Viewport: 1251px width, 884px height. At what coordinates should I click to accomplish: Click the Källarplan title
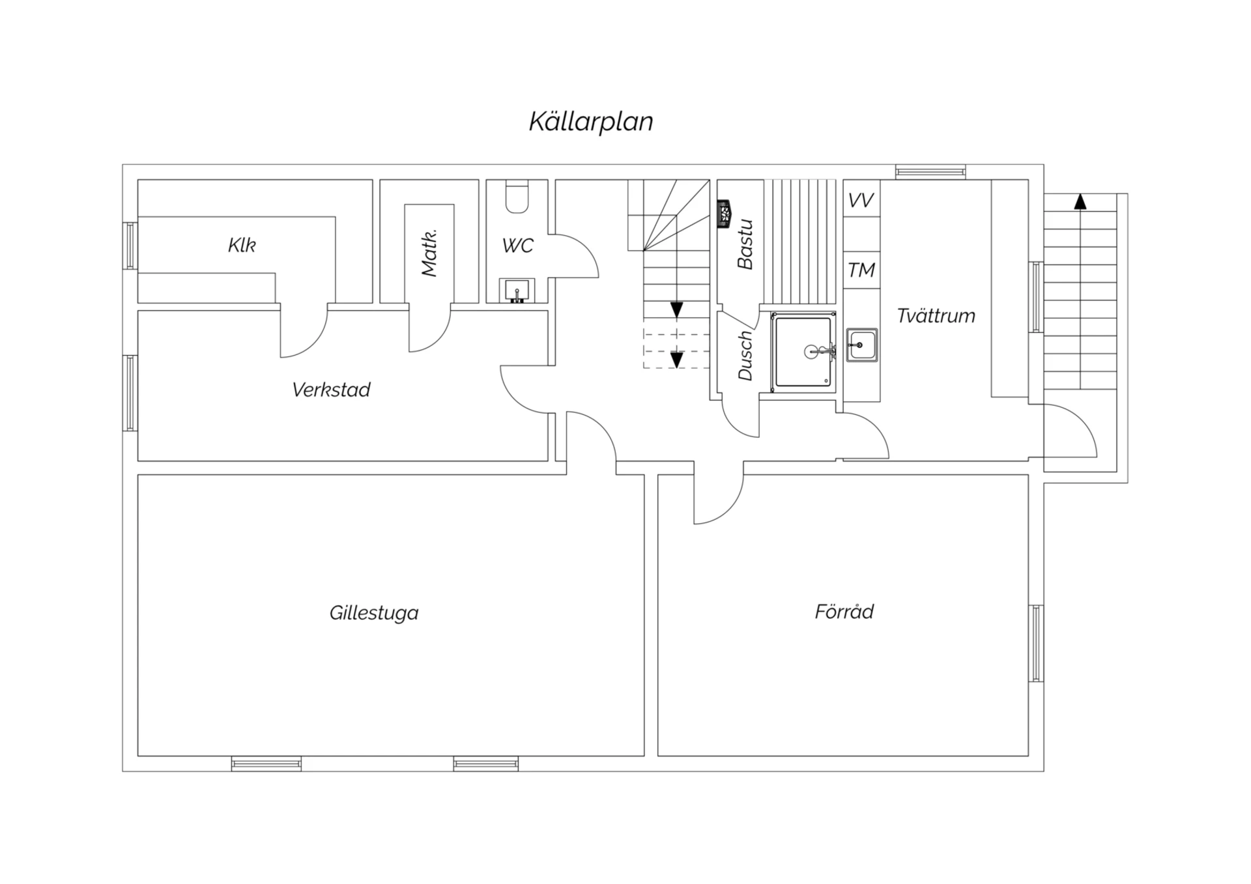coord(591,122)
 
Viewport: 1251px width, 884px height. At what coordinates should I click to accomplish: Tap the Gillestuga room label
coord(374,613)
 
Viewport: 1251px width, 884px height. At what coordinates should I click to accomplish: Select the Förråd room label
coord(844,611)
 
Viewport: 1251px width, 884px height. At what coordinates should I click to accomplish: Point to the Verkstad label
coord(331,390)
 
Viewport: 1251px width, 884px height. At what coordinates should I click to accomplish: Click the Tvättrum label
coord(936,316)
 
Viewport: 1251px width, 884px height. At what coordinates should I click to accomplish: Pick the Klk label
coord(242,245)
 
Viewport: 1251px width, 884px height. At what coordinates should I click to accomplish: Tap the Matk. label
coord(429,253)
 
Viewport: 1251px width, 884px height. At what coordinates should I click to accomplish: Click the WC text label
coord(518,246)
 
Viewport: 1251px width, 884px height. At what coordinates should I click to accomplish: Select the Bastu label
coord(745,244)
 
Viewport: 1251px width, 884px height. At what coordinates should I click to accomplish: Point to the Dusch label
coord(745,356)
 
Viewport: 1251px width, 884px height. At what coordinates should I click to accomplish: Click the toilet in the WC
coord(517,197)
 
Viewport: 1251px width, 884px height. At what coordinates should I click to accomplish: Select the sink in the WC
coord(517,291)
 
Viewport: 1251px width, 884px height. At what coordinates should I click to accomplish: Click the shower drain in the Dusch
coord(811,352)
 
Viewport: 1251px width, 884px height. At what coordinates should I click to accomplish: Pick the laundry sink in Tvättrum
coord(861,345)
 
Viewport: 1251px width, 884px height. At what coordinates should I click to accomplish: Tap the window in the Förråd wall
coord(1036,644)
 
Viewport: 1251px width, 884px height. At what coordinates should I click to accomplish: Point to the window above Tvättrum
coord(930,172)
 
